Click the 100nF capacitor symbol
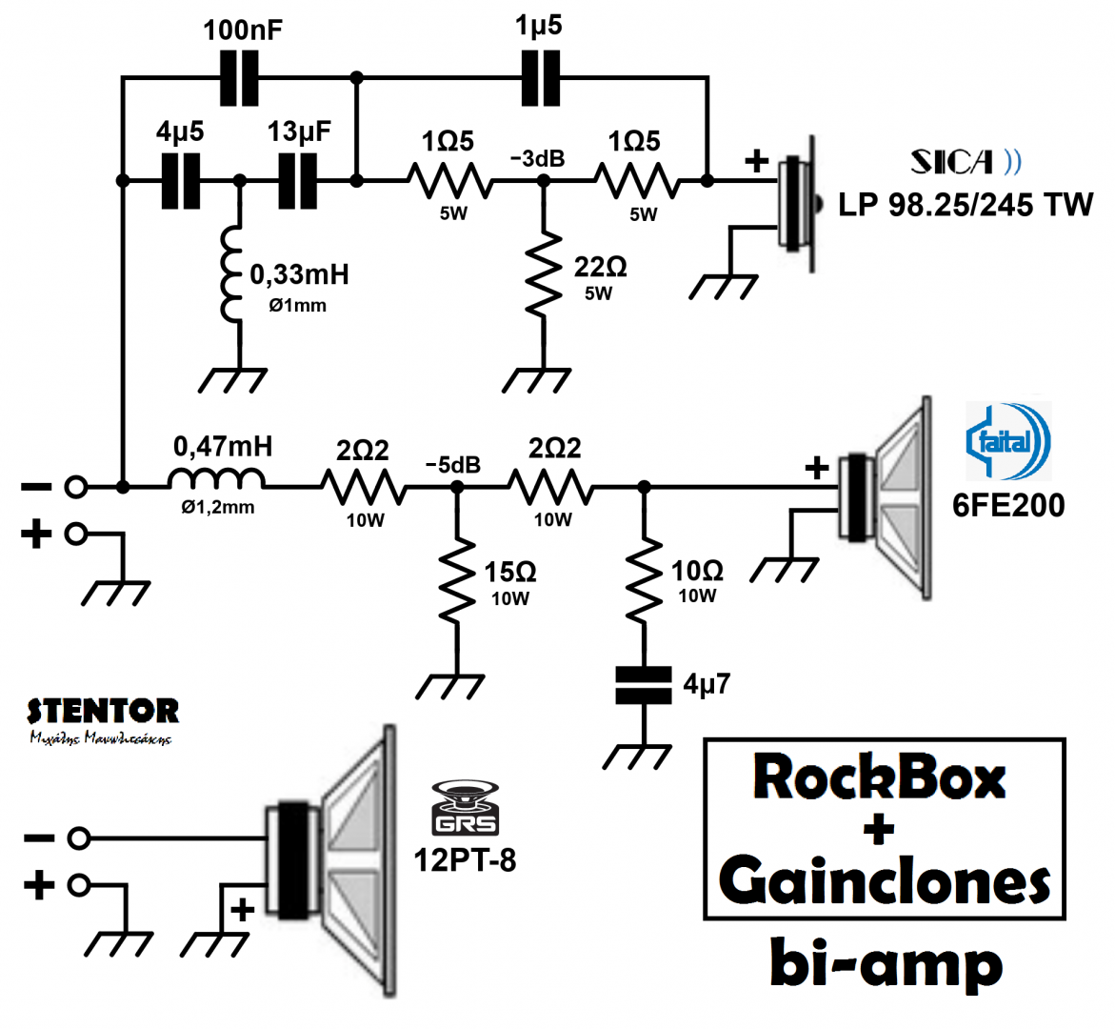(x=239, y=77)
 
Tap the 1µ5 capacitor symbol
(x=541, y=77)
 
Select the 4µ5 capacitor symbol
(x=181, y=179)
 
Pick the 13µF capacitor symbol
(x=298, y=179)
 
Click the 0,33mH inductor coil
(x=231, y=275)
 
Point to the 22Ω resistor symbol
(x=544, y=275)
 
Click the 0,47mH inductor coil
(x=217, y=479)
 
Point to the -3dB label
(x=537, y=158)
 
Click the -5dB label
(x=452, y=465)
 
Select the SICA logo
(x=965, y=162)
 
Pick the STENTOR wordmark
(x=103, y=711)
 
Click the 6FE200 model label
(x=1008, y=504)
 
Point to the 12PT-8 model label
(x=465, y=859)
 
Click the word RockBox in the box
(x=879, y=777)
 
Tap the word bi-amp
(x=886, y=964)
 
